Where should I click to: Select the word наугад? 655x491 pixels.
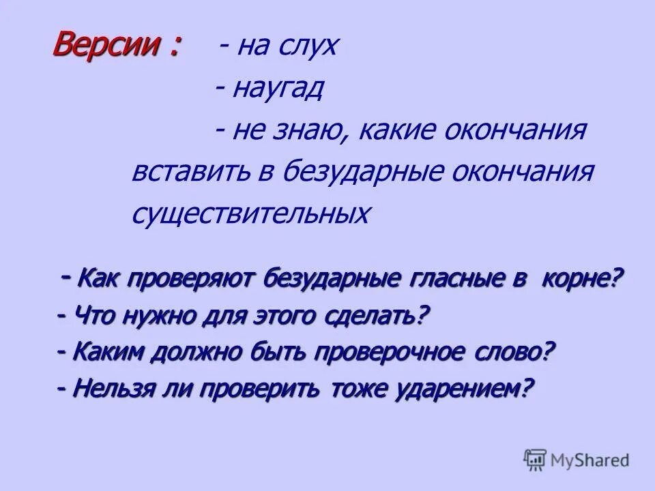point(277,89)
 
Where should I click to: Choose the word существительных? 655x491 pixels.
point(251,214)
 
